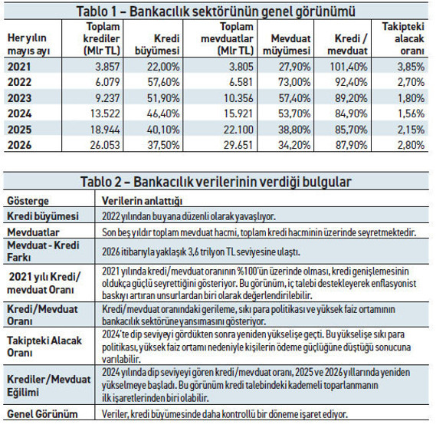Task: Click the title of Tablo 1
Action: tap(216, 12)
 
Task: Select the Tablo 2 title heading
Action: tap(216, 182)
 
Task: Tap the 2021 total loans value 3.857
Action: tap(107, 67)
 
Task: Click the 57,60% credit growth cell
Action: tap(163, 82)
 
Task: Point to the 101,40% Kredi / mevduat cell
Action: tap(349, 67)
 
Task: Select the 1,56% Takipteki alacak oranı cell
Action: tap(411, 114)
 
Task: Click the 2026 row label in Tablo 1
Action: tap(19, 145)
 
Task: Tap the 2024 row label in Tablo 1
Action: tap(19, 114)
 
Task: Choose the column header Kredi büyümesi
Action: tap(157, 44)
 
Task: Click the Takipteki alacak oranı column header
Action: tap(403, 38)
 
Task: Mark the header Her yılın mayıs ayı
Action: tap(28, 44)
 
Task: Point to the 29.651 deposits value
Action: tap(238, 145)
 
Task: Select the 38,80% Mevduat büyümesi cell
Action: tap(294, 130)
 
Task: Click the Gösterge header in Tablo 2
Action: tap(28, 201)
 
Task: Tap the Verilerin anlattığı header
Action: tap(142, 201)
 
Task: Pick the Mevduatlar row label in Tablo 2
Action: tap(33, 232)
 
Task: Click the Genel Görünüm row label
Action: tap(42, 414)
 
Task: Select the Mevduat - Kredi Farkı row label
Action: tap(43, 251)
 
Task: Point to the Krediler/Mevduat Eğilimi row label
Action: tap(48, 386)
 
